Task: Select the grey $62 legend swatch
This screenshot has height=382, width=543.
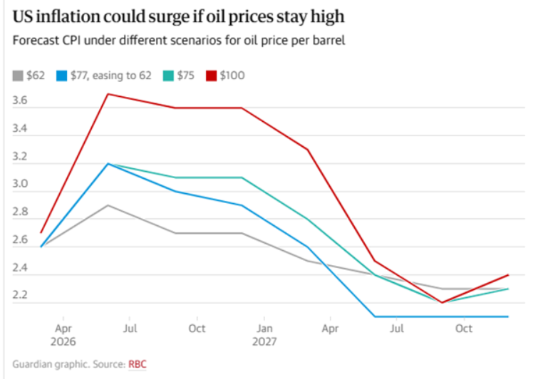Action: click(19, 75)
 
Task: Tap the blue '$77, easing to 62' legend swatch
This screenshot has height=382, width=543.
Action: click(62, 75)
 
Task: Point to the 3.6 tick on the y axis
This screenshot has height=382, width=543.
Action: click(21, 101)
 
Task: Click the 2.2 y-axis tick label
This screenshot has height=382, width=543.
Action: click(21, 296)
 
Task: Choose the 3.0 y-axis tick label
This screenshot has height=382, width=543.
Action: click(21, 185)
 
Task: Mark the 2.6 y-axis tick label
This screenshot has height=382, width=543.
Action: click(21, 240)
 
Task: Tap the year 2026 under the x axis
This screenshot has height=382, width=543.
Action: click(63, 341)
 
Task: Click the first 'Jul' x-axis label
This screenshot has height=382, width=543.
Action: click(129, 329)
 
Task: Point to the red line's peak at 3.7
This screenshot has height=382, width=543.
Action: click(107, 94)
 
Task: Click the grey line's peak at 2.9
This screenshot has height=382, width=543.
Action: click(107, 205)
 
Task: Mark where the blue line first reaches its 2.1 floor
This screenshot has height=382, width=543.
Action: click(375, 316)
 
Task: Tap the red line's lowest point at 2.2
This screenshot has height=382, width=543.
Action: click(442, 303)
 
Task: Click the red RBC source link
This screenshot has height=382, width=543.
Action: click(137, 364)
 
